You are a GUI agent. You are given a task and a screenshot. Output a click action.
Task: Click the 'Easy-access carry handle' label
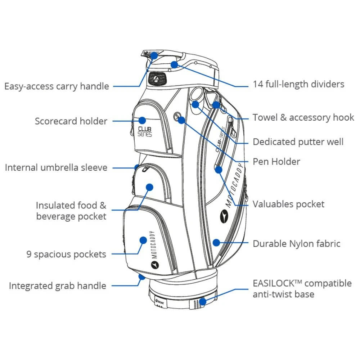[57, 86]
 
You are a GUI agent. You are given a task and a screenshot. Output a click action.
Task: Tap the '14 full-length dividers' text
[298, 84]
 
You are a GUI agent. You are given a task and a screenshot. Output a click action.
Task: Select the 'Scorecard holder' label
[71, 121]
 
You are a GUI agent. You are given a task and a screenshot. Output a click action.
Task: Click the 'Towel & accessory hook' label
[303, 118]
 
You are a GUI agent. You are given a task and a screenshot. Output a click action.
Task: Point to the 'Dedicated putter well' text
[298, 142]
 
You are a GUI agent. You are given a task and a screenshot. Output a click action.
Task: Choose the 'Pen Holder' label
[276, 162]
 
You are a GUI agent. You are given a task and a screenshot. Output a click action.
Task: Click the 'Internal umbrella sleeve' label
[56, 168]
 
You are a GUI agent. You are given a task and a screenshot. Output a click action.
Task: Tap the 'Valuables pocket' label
[288, 204]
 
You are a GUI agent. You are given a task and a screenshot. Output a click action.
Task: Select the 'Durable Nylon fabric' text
[296, 244]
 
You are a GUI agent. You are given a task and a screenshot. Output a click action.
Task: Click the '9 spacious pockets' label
[66, 255]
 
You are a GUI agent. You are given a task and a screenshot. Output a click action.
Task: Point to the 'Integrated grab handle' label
[58, 286]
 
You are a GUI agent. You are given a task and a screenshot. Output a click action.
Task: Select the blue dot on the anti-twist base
[203, 301]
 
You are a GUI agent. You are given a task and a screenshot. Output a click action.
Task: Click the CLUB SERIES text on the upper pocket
[145, 131]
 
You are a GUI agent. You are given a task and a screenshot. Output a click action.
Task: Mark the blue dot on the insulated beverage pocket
[150, 187]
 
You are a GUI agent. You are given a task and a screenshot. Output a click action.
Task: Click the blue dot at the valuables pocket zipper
[219, 170]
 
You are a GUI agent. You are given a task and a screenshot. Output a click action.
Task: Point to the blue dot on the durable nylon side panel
[216, 242]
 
